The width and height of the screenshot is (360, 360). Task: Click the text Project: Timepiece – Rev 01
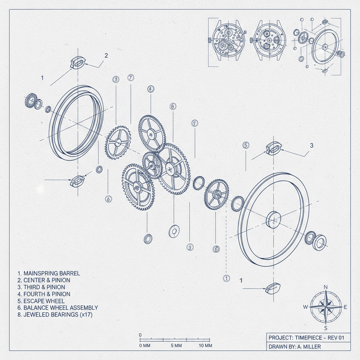tap(306, 337)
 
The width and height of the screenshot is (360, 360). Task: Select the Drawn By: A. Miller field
tap(295, 347)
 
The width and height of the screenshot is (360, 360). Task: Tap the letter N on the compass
tap(326, 287)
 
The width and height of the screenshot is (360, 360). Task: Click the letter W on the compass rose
tap(305, 307)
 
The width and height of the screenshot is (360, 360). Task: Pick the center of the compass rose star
tap(326, 307)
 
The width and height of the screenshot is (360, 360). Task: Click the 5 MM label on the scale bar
tap(176, 346)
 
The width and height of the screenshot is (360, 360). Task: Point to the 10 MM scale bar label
tap(205, 346)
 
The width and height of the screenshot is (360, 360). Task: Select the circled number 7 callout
tap(131, 77)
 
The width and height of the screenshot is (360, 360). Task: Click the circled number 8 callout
tap(172, 106)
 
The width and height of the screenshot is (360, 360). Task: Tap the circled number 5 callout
tap(246, 145)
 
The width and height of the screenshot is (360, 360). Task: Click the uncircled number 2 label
tap(106, 55)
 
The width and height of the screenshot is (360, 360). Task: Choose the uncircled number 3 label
tap(311, 145)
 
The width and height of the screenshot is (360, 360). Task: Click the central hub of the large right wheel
tap(274, 220)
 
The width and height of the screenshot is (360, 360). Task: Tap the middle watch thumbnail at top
tap(269, 41)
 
